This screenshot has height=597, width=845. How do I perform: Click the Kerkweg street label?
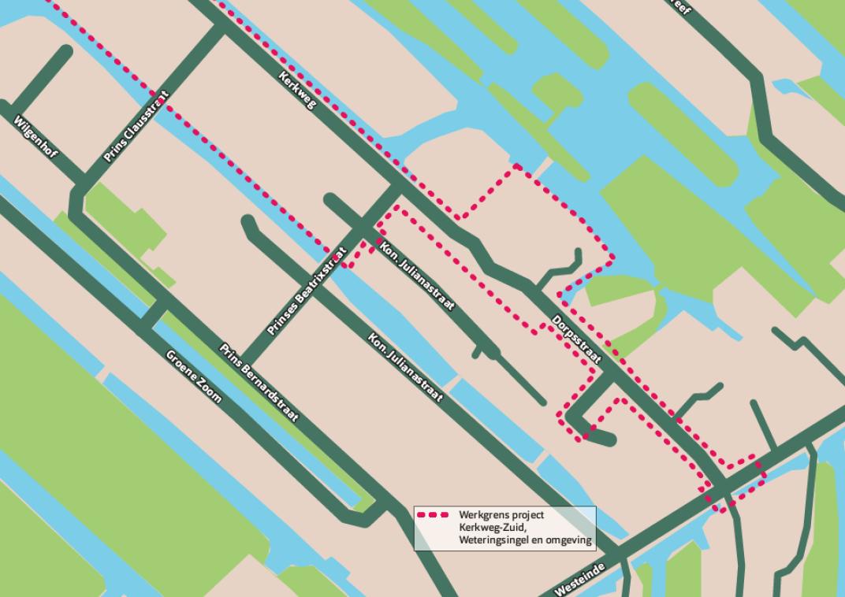[298, 89]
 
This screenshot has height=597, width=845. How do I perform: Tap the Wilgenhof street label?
[36, 139]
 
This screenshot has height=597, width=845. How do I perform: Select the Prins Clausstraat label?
[136, 127]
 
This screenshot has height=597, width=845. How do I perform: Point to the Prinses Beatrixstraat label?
[307, 292]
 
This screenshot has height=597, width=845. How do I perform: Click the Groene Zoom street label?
[194, 376]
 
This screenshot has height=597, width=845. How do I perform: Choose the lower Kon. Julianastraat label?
[405, 367]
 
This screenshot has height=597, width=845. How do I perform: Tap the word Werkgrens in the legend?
[482, 515]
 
